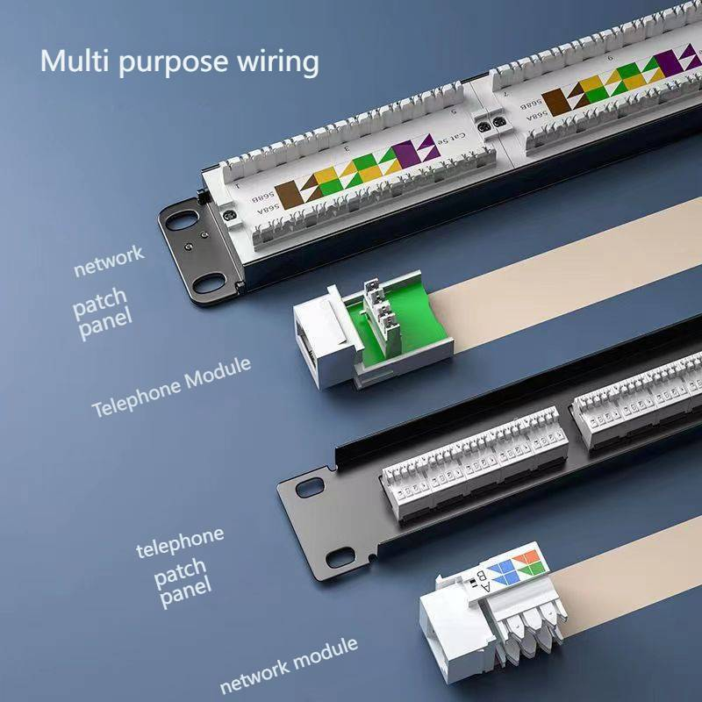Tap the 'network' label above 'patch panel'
(108, 261)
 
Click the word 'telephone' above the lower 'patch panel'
(180, 543)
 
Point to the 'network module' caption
(289, 664)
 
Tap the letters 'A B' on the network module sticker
(479, 582)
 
